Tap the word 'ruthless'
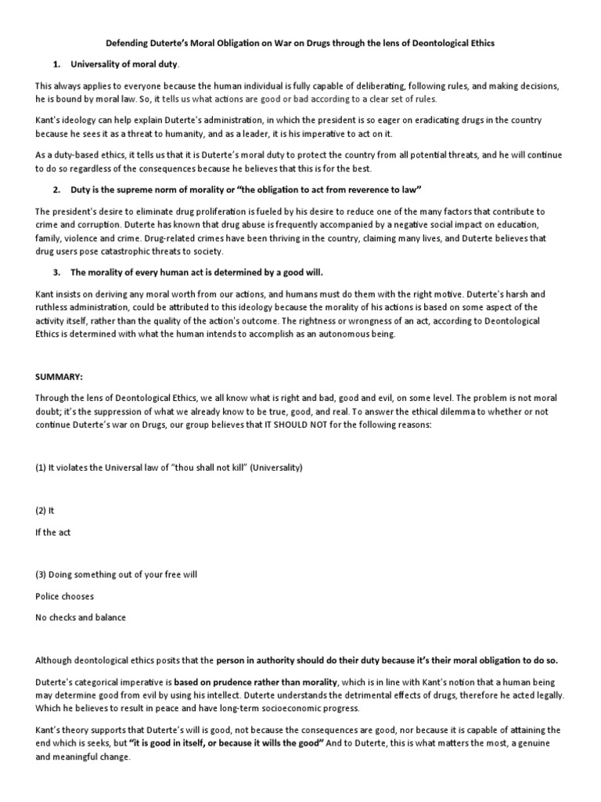[54, 308]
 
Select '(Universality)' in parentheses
[273, 468]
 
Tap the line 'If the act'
[52, 533]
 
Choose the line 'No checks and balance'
[81, 617]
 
